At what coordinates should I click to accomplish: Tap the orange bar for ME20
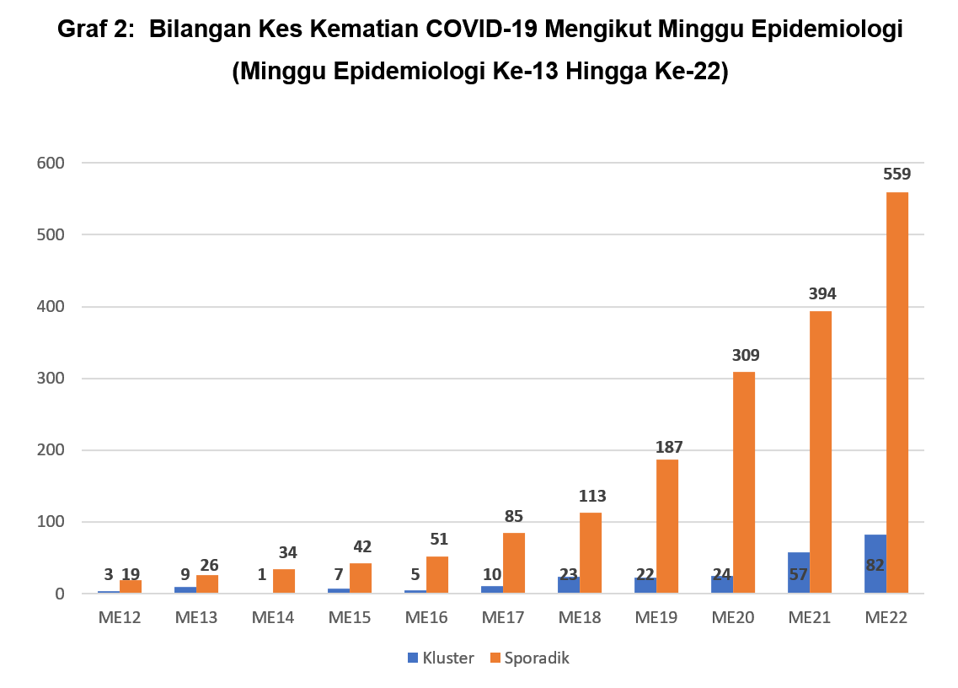point(743,482)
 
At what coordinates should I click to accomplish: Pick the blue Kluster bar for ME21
point(798,573)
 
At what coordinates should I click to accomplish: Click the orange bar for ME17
point(514,563)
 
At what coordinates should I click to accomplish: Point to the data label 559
point(896,175)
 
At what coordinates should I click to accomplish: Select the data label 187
point(667,447)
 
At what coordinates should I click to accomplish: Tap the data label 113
point(591,496)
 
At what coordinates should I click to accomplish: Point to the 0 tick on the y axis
point(59,594)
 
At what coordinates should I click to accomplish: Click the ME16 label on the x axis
point(426,618)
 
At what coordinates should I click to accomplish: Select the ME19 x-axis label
point(656,618)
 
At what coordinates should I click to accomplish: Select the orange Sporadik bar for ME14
point(284,582)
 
